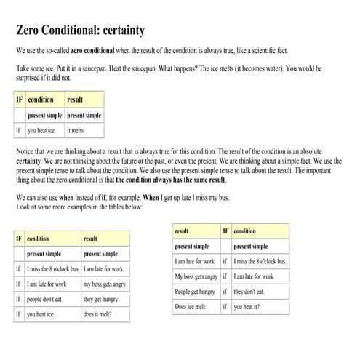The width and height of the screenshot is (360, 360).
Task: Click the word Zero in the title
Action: click(x=30, y=31)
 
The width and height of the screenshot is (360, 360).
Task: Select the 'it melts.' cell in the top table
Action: click(x=76, y=131)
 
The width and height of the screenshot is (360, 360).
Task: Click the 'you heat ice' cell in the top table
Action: click(x=42, y=131)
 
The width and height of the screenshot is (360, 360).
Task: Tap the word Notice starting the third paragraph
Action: click(x=26, y=147)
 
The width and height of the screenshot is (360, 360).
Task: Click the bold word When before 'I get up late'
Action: click(x=151, y=198)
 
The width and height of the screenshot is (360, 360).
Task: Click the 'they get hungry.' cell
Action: click(x=101, y=299)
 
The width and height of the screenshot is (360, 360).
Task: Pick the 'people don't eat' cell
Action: click(x=44, y=299)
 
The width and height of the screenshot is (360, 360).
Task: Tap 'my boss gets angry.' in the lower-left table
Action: click(x=105, y=284)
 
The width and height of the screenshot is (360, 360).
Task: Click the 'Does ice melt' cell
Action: click(x=191, y=307)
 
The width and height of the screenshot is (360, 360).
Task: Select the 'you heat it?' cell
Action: click(x=247, y=307)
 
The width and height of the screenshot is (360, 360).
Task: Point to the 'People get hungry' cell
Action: click(x=195, y=292)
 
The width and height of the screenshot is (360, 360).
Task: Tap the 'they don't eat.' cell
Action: click(x=249, y=292)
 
